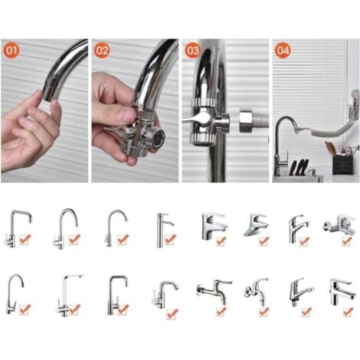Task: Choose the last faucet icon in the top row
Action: pos(336,227)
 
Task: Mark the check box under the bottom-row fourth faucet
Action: pos(172,313)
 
